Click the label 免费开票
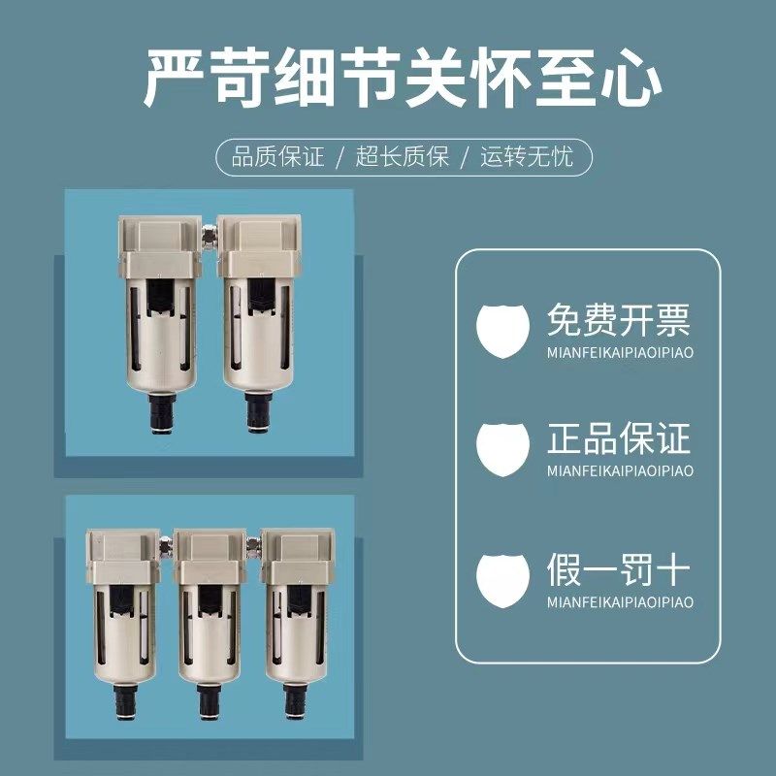tap(618, 318)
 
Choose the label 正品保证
tap(618, 439)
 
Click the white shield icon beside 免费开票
tap(503, 330)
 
